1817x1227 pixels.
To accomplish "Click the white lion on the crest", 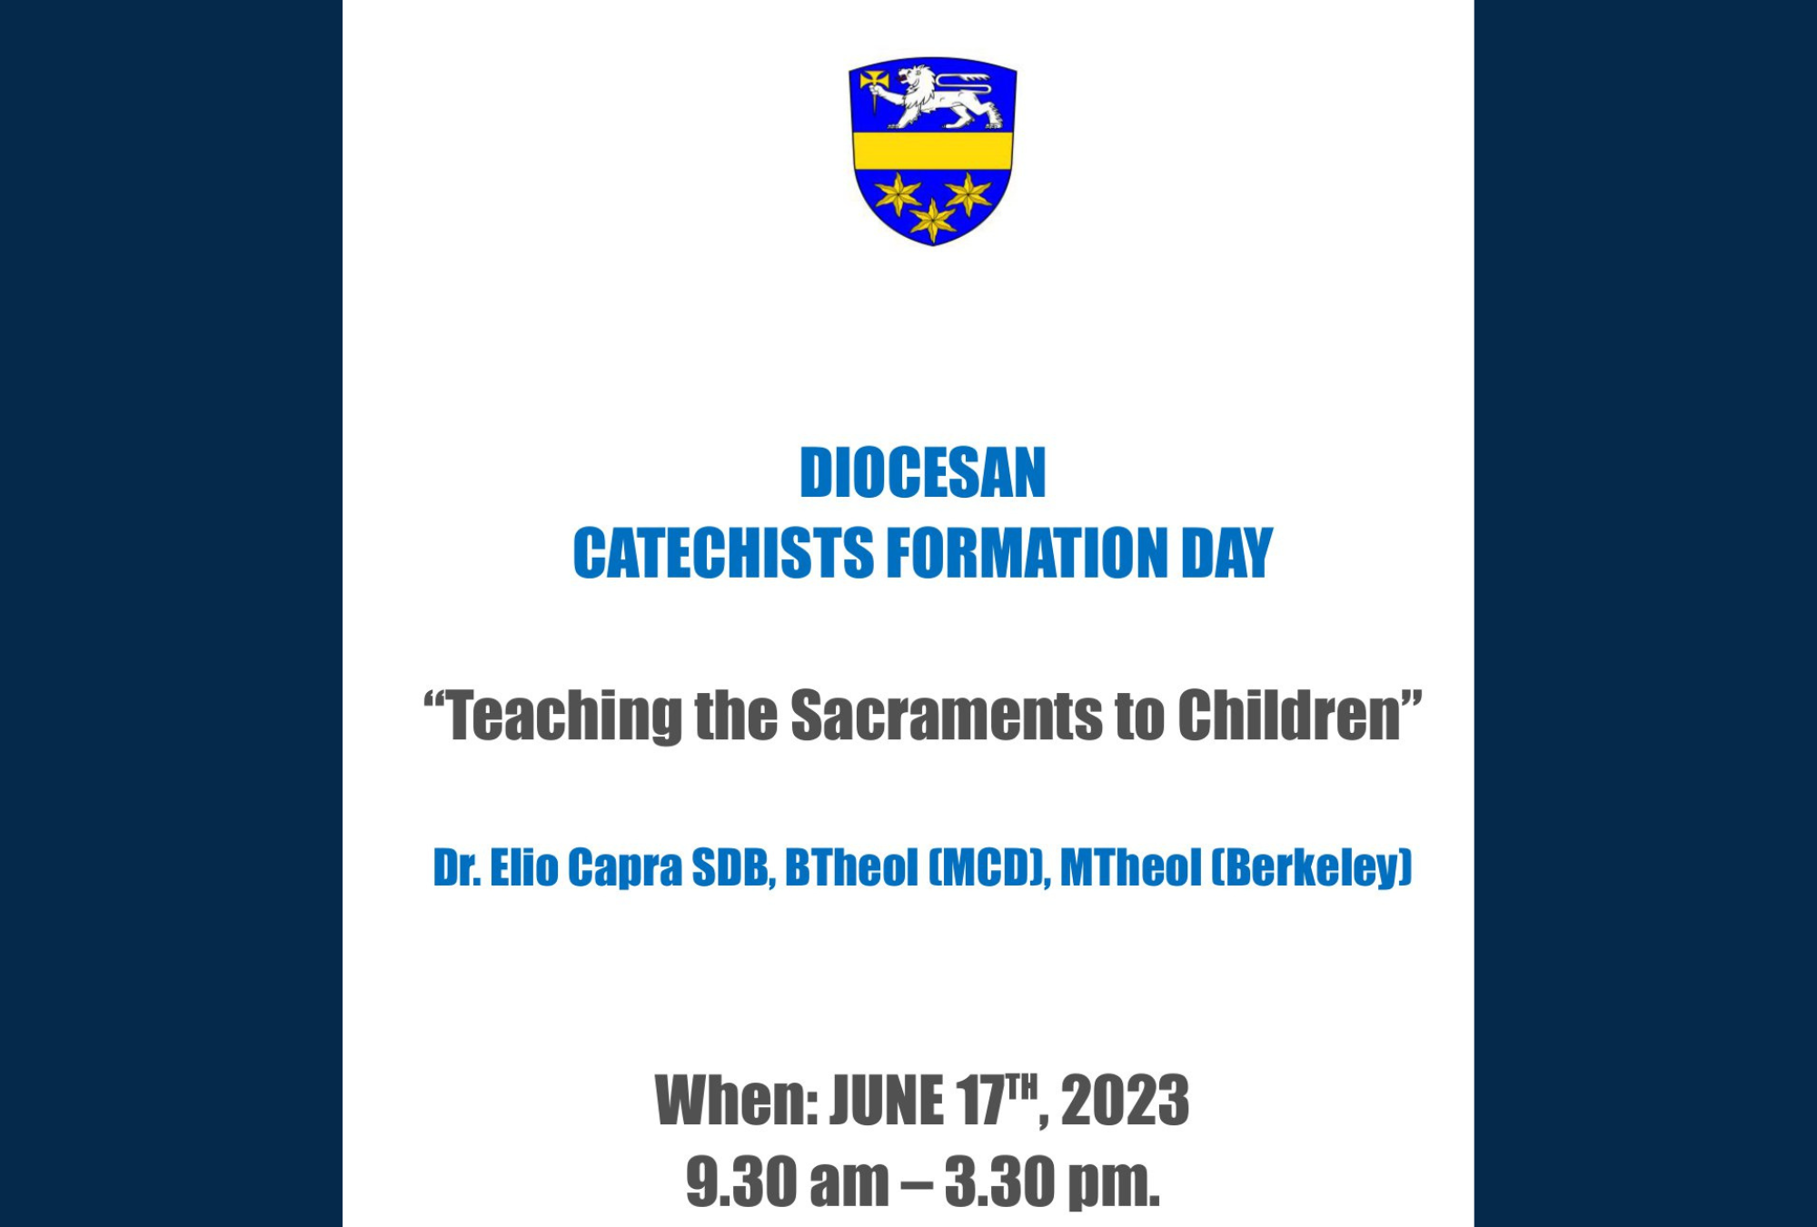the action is click(940, 95).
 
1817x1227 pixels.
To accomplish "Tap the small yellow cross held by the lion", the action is click(874, 82).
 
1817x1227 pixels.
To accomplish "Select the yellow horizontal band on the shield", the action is click(932, 150).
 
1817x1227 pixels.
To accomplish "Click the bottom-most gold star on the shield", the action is click(933, 220).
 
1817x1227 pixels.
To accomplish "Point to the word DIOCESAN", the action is click(923, 473).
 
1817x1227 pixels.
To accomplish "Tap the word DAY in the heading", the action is click(1227, 553).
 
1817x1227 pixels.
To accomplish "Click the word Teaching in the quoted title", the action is click(563, 717).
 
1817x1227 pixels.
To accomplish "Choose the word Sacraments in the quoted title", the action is click(946, 716).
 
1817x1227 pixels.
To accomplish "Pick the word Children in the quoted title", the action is click(1289, 716).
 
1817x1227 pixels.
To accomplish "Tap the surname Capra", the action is click(625, 869).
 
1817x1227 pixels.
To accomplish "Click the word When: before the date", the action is click(737, 1101).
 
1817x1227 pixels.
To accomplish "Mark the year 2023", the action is click(1125, 1101).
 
